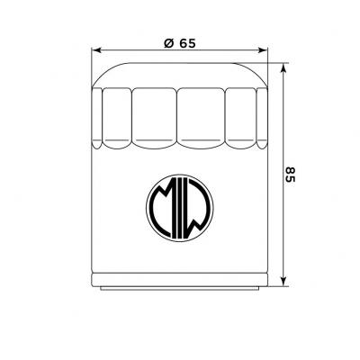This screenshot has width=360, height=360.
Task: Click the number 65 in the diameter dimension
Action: [187, 43]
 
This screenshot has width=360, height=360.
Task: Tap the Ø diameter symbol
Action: [169, 43]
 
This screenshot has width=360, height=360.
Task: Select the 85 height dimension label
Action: [290, 175]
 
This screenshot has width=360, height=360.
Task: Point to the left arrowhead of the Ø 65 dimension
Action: [96, 50]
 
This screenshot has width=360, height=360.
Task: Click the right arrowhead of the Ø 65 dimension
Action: [262, 50]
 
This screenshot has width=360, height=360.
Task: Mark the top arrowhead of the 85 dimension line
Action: [283, 68]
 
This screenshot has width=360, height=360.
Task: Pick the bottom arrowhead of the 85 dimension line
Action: [283, 281]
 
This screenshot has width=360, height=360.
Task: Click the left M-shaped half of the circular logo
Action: [162, 208]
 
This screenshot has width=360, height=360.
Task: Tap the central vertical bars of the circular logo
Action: [180, 208]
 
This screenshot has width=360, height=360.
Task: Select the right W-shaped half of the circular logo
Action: [199, 208]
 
